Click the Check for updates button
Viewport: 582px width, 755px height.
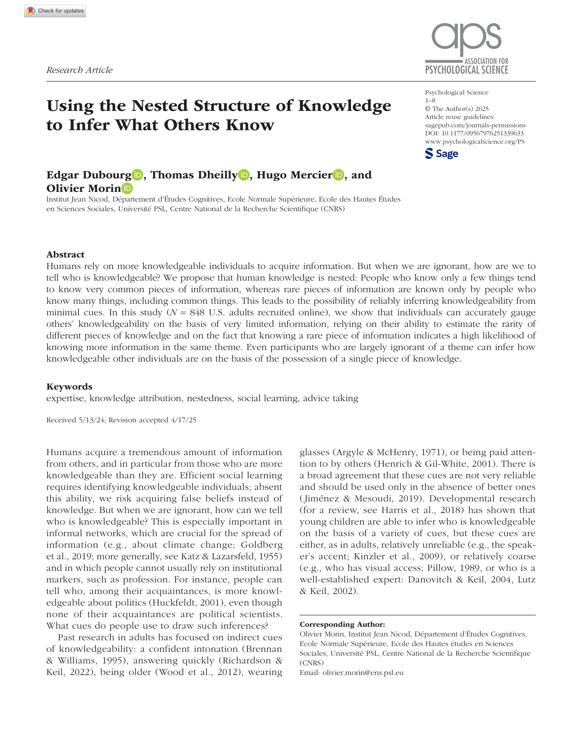(55, 11)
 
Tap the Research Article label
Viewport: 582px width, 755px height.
(79, 70)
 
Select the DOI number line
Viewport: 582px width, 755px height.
(474, 133)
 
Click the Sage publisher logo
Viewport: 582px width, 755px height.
(441, 154)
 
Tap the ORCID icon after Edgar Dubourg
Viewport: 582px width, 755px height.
(137, 175)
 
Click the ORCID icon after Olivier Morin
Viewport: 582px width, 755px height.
(127, 188)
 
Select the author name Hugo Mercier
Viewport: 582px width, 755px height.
(294, 175)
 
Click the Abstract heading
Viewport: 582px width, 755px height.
(65, 255)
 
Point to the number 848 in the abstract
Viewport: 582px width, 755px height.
(197, 312)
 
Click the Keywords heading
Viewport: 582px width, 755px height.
(69, 386)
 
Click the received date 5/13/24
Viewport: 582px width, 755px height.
(91, 420)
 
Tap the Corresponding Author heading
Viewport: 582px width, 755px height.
(342, 624)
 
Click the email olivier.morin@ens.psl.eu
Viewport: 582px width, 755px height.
(363, 673)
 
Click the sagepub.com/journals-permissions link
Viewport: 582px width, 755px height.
(475, 125)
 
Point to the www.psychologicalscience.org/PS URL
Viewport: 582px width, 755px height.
(475, 142)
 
